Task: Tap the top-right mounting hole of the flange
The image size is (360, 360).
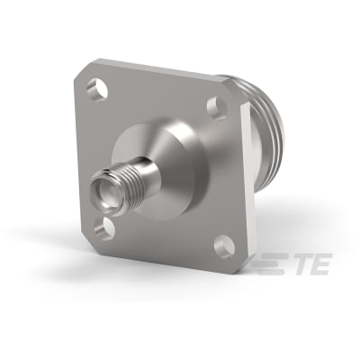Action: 216,109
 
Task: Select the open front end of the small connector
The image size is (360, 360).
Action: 100,192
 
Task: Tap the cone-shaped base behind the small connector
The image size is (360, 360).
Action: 162,153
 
